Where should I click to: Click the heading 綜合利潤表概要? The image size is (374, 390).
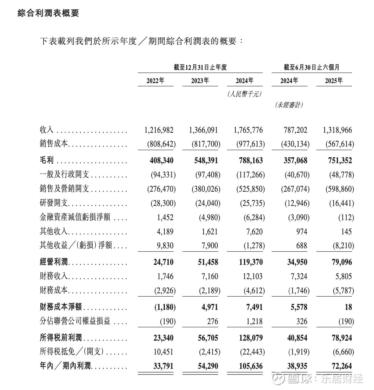[48, 13]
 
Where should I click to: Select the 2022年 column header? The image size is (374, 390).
[155, 80]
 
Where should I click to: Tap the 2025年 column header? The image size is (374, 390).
[334, 80]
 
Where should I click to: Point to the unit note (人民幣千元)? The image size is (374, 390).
[245, 94]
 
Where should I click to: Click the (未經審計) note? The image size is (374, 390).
[289, 105]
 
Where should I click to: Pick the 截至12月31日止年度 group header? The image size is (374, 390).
[200, 67]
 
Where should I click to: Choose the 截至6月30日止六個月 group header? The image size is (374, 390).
[311, 67]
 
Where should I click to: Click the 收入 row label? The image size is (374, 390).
[47, 130]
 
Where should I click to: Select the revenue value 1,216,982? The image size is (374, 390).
[159, 130]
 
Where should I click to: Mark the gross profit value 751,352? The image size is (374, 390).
[338, 161]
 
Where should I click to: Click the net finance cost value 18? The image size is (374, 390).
[348, 307]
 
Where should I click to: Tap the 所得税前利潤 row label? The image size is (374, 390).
[61, 338]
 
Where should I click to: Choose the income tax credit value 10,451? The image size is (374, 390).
[164, 352]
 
